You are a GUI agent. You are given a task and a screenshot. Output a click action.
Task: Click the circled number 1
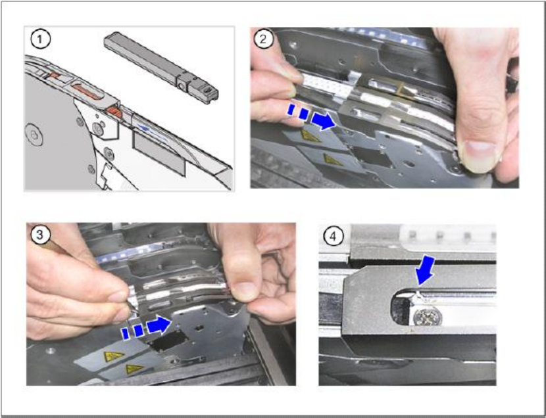point(40,39)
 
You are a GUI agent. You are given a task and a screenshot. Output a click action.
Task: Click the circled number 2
point(263,39)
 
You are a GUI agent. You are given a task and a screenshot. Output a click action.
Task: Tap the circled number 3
point(40,235)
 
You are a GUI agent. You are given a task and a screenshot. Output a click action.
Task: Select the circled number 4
point(334,236)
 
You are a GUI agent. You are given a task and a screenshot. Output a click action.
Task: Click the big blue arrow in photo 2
point(323,120)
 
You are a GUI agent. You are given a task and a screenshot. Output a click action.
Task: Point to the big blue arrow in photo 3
point(159,325)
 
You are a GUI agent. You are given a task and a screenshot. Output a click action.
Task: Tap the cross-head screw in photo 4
point(428,316)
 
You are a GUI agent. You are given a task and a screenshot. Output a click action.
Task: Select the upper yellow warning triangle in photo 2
point(309,135)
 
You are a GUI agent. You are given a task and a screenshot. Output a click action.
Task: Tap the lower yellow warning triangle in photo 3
point(134,369)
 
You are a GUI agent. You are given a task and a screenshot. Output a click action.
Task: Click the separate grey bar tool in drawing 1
point(161,67)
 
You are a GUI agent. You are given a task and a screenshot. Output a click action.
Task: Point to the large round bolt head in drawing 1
point(34,135)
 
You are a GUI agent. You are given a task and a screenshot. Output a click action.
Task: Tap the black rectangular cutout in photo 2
point(372,156)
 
